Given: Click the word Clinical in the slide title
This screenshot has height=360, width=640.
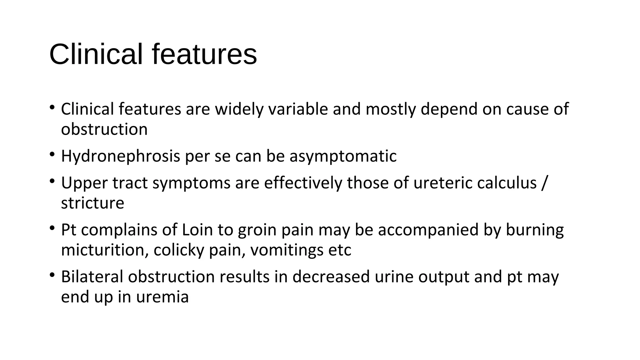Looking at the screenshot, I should [96, 54].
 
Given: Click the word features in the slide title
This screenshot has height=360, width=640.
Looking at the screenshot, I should [204, 54].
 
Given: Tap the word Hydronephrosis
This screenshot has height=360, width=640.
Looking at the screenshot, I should [120, 156].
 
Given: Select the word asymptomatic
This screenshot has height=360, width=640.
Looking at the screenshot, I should [343, 156].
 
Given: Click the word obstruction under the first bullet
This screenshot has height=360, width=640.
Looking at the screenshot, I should [104, 129].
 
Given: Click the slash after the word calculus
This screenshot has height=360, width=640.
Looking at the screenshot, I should [544, 182].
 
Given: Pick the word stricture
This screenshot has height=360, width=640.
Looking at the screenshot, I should [92, 203].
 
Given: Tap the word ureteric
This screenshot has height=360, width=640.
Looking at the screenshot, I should [442, 182].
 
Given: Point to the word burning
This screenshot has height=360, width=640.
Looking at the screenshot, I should [535, 230].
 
